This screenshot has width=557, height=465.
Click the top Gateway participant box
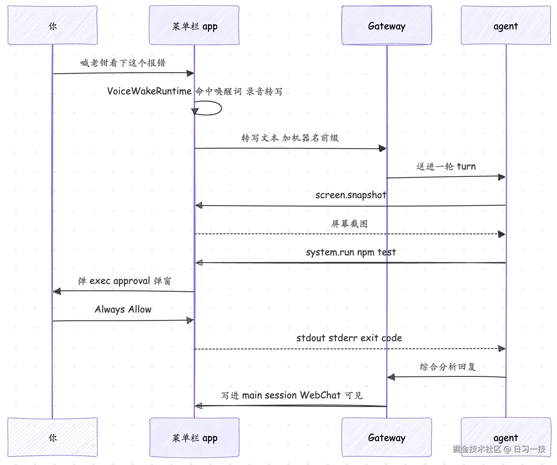[x=387, y=25]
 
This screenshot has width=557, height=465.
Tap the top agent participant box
[x=506, y=25]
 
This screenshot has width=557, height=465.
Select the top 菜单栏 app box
[x=194, y=25]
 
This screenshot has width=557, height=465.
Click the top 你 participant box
[x=53, y=25]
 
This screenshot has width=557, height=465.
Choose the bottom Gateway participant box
[x=387, y=437]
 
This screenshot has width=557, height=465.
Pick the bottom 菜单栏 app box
[x=194, y=437]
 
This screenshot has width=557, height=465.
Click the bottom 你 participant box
[x=53, y=437]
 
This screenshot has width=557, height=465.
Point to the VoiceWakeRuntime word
[x=149, y=91]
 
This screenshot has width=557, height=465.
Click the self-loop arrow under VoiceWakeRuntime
[x=221, y=108]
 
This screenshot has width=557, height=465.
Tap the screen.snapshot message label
[x=351, y=195]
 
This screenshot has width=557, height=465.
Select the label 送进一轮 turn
[x=446, y=166]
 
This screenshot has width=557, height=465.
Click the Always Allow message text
[x=123, y=310]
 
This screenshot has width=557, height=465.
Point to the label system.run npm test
[x=351, y=252]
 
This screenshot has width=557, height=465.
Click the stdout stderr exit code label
[x=349, y=338]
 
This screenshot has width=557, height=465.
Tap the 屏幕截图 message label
[x=349, y=224]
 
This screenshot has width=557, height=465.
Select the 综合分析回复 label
[x=448, y=367]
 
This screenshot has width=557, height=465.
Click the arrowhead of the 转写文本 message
[x=382, y=149]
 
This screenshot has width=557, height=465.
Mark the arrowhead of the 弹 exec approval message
[x=57, y=291]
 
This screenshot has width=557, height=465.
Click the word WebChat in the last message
[x=320, y=395]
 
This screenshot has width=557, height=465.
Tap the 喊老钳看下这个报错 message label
[x=123, y=63]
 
